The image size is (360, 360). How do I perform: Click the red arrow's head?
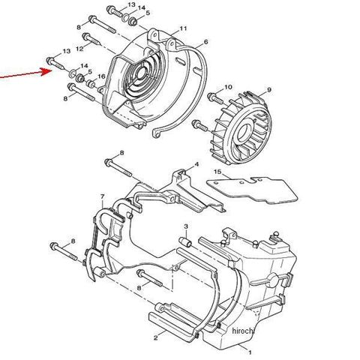pyautogui.click(x=47, y=71)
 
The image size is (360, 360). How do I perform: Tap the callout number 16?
pyautogui.click(x=101, y=76)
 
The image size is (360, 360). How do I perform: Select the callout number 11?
pyautogui.click(x=183, y=28)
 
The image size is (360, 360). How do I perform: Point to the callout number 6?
pyautogui.click(x=205, y=42)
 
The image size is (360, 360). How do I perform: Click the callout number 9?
pyautogui.click(x=269, y=90)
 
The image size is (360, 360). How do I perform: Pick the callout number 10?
pyautogui.click(x=228, y=87)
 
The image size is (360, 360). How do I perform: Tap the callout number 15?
pyautogui.click(x=217, y=172)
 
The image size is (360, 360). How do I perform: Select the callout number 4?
pyautogui.click(x=196, y=164)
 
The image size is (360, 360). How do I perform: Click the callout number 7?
pyautogui.click(x=102, y=196)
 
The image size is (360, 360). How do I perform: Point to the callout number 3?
pyautogui.click(x=186, y=226)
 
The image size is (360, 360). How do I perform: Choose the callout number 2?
pyautogui.click(x=156, y=338)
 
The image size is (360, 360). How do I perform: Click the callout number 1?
pyautogui.click(x=250, y=352)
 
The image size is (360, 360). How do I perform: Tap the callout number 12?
pyautogui.click(x=79, y=49)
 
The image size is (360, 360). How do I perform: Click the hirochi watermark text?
pyautogui.click(x=243, y=331)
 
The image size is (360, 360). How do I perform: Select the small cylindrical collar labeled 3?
pyautogui.click(x=185, y=242)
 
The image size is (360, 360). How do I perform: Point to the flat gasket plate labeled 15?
pyautogui.click(x=253, y=190)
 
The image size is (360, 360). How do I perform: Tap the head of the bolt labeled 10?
pyautogui.click(x=211, y=96)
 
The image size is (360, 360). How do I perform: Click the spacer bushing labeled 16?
pyautogui.click(x=91, y=84)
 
